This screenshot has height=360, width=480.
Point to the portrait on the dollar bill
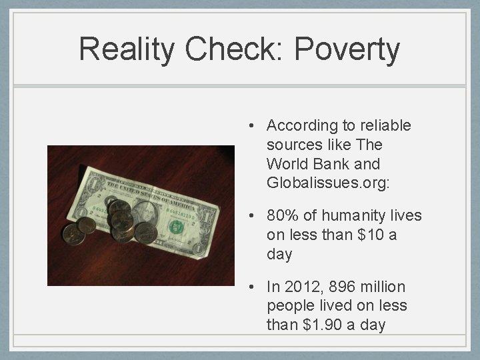coord(143,213)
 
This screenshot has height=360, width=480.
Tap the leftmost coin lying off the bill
coord(71,233)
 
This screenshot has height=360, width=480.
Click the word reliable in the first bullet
coord(387,125)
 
